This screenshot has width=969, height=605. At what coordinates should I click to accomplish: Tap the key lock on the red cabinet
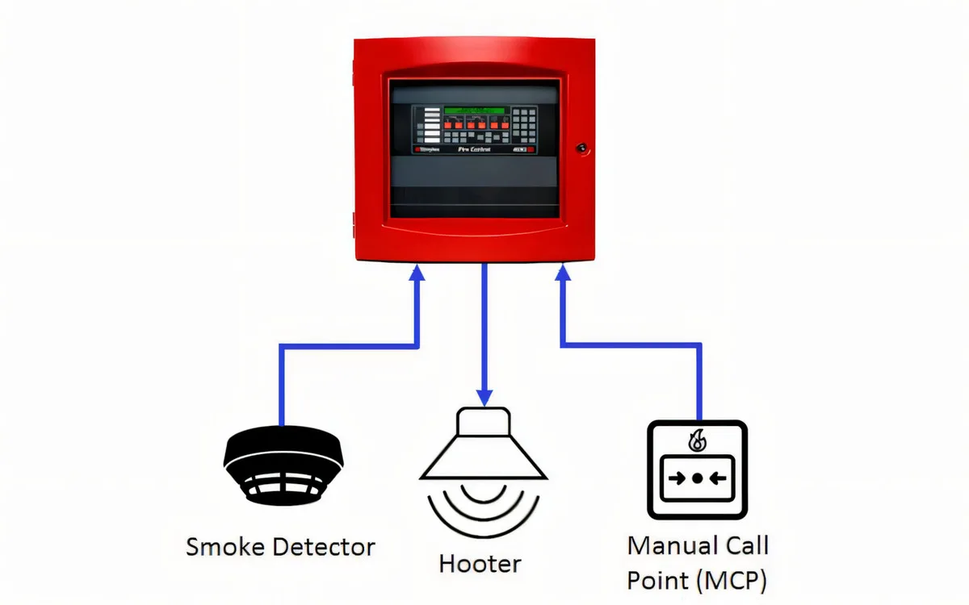click(581, 148)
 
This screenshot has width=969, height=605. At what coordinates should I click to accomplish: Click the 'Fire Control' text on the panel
click(474, 150)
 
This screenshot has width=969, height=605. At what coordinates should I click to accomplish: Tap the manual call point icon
click(697, 469)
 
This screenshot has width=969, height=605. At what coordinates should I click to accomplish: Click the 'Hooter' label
click(480, 563)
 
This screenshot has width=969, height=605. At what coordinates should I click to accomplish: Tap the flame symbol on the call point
click(696, 440)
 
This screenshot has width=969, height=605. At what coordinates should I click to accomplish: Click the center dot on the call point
click(697, 478)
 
